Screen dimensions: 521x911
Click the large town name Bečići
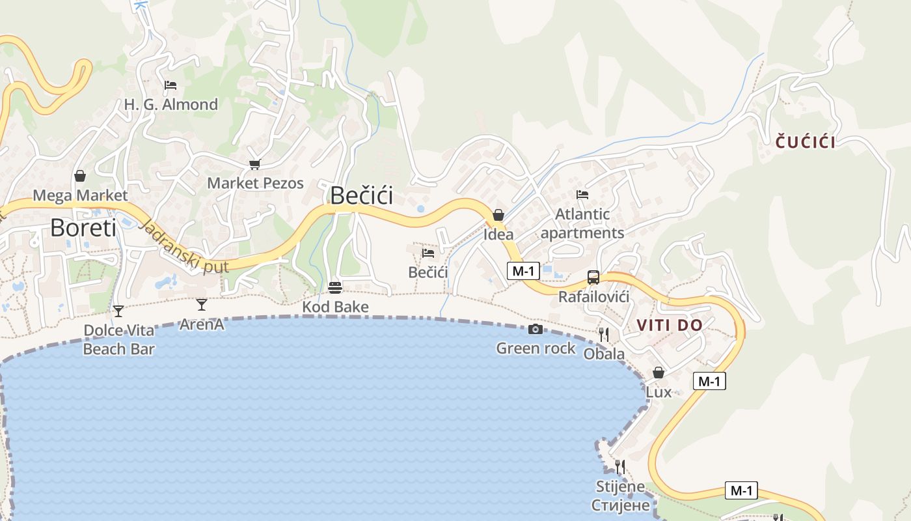click(x=362, y=195)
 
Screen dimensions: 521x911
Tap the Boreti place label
click(x=83, y=228)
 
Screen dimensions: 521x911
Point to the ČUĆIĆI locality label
click(x=806, y=142)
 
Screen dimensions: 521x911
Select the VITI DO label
click(x=670, y=325)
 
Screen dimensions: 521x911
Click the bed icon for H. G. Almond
click(x=170, y=85)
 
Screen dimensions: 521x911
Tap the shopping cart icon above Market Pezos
click(x=254, y=164)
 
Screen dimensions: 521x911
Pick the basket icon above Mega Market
click(x=80, y=176)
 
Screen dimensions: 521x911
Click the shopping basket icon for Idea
click(x=498, y=215)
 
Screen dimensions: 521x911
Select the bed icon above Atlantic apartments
click(x=582, y=194)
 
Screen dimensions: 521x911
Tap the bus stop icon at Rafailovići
click(x=593, y=277)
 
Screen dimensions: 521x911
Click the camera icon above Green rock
click(x=536, y=329)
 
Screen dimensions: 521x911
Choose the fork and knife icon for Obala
click(x=604, y=335)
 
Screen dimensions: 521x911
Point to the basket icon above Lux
click(x=659, y=373)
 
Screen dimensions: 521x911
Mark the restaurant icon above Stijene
click(x=620, y=466)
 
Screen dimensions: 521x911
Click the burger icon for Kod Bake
click(x=335, y=287)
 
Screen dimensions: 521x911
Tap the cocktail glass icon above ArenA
click(x=202, y=304)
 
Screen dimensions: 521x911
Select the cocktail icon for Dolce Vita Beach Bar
click(x=118, y=311)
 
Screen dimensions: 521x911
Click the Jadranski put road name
click(x=185, y=248)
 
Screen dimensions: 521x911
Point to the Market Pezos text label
click(x=255, y=183)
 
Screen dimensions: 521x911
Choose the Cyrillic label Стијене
click(x=620, y=505)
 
